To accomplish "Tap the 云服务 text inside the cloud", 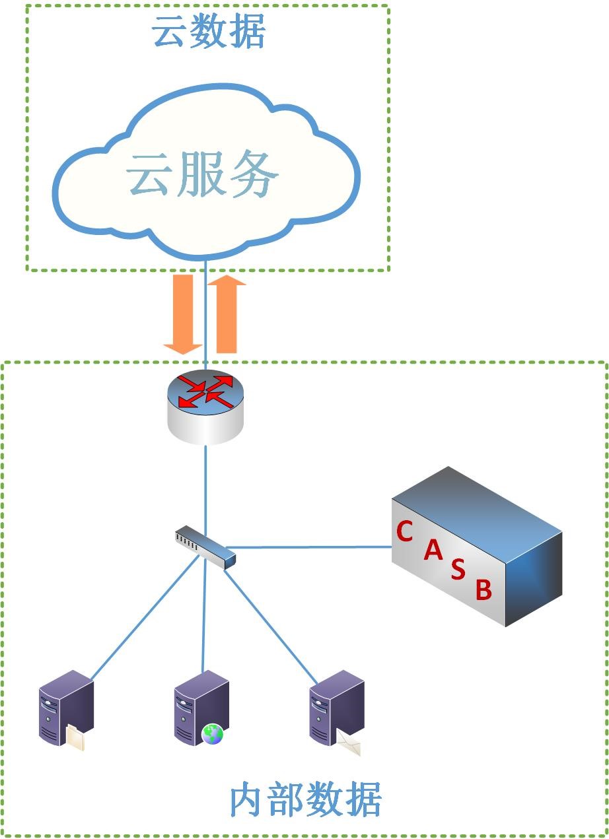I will point(203,176).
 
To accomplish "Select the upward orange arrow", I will point(227,314).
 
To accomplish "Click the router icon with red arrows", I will point(205,406).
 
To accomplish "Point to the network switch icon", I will point(205,546).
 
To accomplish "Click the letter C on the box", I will point(404,531).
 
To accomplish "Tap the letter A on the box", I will point(433,549).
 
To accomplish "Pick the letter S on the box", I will point(458,569).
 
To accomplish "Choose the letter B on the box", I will point(484,589).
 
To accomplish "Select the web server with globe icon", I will point(200,708).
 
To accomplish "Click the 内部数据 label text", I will point(305,801).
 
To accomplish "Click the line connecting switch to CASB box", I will point(310,547).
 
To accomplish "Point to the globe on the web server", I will point(213,733).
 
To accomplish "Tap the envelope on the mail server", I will point(349,745).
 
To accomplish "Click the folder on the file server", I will point(76,737).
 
